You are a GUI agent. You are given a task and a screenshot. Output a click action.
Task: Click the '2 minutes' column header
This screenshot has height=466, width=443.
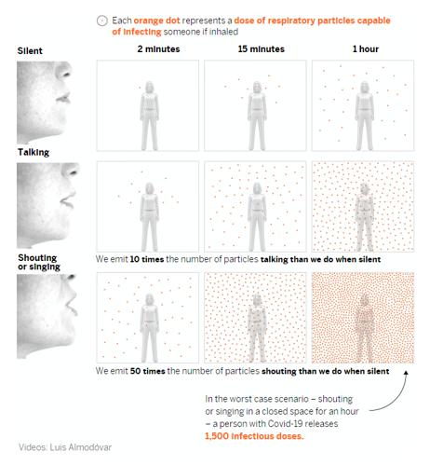click(x=158, y=49)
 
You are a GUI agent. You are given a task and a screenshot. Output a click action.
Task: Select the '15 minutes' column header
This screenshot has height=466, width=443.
click(x=262, y=49)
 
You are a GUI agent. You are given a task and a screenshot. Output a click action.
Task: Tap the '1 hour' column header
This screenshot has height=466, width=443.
click(x=366, y=49)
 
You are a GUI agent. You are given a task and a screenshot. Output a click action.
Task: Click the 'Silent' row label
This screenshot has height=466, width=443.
click(x=30, y=50)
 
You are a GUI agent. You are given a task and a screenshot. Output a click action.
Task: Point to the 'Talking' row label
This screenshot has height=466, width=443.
click(x=34, y=152)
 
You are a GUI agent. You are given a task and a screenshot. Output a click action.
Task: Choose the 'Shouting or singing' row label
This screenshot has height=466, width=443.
click(x=39, y=262)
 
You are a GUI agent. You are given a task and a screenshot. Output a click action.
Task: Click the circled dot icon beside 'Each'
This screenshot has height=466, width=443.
click(x=102, y=21)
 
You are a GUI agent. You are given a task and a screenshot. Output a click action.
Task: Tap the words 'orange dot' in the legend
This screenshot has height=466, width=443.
click(x=156, y=21)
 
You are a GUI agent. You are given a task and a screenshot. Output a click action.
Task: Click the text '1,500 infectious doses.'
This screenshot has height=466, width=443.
click(x=254, y=436)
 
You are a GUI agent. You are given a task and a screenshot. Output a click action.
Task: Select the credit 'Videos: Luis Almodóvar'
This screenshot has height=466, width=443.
click(x=65, y=447)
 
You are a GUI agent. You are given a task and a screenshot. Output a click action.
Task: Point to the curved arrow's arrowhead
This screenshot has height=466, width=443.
click(x=406, y=372)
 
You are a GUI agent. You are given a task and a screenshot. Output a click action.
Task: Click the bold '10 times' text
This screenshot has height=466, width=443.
click(x=147, y=259)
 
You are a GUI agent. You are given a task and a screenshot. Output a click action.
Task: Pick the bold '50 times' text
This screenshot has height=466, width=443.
click(x=147, y=371)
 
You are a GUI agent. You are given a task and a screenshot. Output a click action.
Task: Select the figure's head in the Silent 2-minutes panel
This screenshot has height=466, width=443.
click(x=150, y=88)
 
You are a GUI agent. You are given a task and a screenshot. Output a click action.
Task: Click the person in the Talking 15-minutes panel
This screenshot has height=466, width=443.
click(x=257, y=216)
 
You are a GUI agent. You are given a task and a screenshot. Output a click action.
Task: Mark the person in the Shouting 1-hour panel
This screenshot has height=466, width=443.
click(x=364, y=328)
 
